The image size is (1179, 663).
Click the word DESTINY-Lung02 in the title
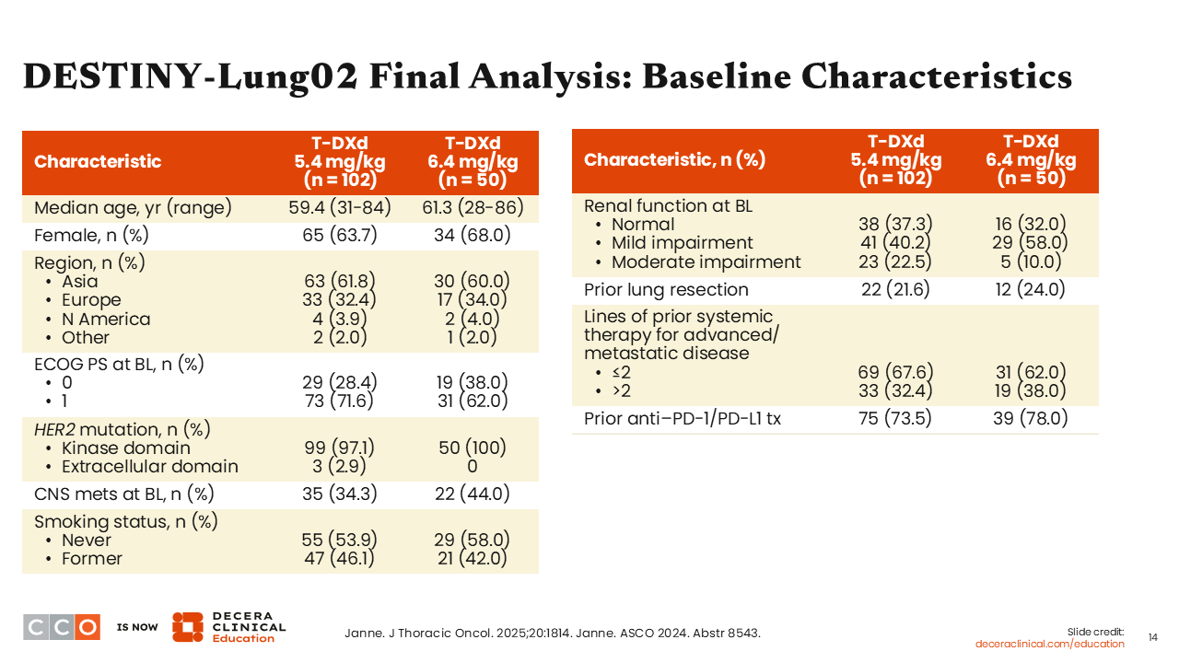[191, 76]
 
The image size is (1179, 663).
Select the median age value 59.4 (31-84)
[340, 207]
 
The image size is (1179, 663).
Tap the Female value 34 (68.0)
[473, 235]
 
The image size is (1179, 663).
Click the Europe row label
[91, 300]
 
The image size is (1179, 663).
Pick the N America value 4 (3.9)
[340, 319]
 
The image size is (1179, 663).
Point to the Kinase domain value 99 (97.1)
[340, 448]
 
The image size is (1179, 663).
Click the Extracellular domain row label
[149, 466]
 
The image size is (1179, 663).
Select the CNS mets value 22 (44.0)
[473, 494]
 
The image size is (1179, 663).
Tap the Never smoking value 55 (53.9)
[340, 540]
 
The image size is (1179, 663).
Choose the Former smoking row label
[91, 558]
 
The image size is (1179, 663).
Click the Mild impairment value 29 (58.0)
[1031, 242]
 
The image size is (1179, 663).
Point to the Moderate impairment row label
[706, 262]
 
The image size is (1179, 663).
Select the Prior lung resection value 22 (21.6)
[895, 289]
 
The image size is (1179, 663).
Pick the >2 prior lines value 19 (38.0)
[1031, 390]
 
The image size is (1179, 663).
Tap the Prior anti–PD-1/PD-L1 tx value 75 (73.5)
[895, 418]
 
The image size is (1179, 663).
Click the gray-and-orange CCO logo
[62, 627]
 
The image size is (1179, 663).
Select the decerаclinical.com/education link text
[1049, 644]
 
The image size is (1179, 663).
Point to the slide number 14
[1152, 638]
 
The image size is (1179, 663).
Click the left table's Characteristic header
[98, 161]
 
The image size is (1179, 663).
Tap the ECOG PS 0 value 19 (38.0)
[473, 382]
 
